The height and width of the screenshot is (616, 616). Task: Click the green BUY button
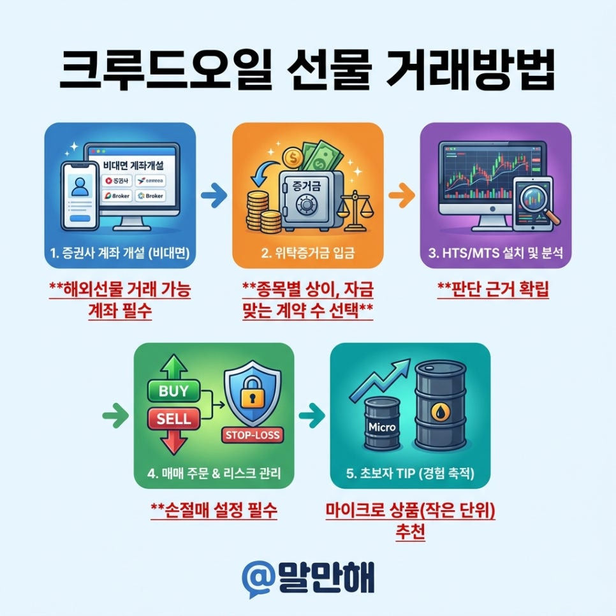pyautogui.click(x=173, y=392)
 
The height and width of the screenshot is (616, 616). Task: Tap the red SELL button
pyautogui.click(x=173, y=419)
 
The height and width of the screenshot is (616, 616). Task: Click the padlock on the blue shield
pyautogui.click(x=250, y=398)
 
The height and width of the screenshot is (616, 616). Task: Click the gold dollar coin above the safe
pyautogui.click(x=295, y=156)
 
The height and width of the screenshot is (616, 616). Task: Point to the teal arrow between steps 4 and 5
pyautogui.click(x=312, y=416)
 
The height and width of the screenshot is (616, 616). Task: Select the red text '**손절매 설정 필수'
pyautogui.click(x=214, y=510)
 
